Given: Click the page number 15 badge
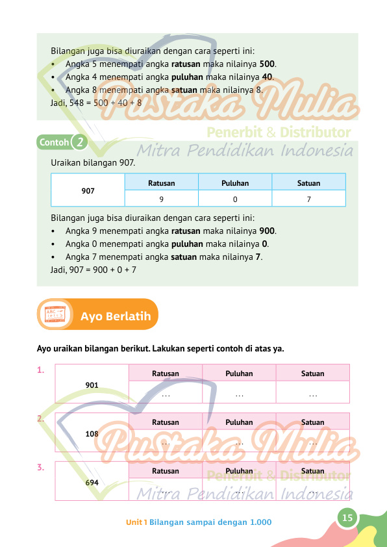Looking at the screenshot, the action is [347, 518].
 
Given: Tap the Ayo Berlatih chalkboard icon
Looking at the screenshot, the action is [55, 314].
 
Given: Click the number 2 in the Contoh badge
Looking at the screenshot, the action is [80, 142].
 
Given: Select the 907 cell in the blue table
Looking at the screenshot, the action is [88, 191].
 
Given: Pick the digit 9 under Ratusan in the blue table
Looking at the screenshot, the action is [162, 199].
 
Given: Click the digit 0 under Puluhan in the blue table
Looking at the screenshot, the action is [235, 199].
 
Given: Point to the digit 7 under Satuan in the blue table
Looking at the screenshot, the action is [308, 199].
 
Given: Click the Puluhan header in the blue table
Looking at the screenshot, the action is [235, 183].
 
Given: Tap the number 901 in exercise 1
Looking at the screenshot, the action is [92, 385].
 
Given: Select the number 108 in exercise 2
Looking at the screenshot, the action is [92, 434].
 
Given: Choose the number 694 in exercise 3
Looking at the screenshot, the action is [92, 483].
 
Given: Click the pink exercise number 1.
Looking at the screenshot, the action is [41, 370].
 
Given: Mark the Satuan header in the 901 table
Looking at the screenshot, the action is [313, 374].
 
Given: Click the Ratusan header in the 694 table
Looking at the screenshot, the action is [166, 471].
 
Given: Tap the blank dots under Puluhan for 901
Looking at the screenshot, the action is [239, 396].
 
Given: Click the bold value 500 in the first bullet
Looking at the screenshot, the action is [267, 64].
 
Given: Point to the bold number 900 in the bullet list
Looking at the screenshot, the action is [267, 231].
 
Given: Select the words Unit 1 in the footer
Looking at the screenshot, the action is [136, 522].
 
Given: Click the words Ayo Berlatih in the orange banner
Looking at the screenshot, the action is [116, 316].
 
